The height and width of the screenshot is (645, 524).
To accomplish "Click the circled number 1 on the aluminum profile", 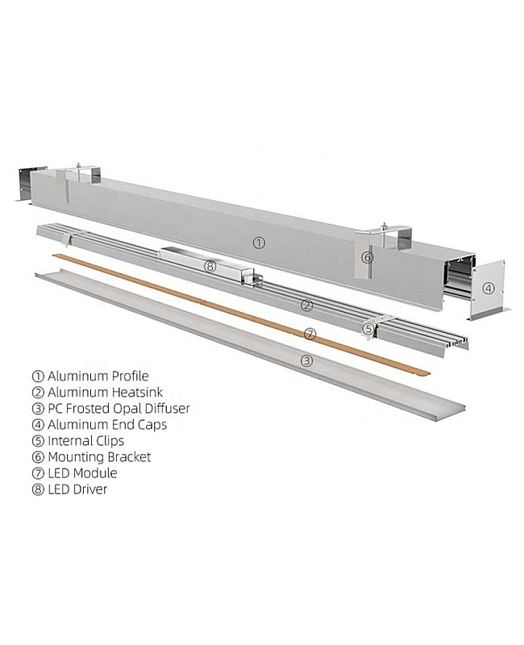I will (x=259, y=241).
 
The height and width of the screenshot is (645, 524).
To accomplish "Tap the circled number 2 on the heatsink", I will (x=306, y=305).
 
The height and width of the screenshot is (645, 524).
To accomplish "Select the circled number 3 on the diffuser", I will (x=306, y=360).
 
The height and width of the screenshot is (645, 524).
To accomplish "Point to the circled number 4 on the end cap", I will (x=488, y=288).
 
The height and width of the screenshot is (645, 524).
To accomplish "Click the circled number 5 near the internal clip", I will (x=368, y=328).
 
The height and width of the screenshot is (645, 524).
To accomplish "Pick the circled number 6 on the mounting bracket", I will (x=368, y=257).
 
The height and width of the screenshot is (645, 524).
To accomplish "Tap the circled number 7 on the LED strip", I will (x=310, y=333).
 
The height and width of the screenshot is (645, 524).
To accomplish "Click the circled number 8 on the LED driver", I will (x=210, y=266).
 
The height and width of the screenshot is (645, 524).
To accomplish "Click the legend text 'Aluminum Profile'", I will (x=98, y=376).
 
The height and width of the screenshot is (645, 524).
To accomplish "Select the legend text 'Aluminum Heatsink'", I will (x=104, y=392).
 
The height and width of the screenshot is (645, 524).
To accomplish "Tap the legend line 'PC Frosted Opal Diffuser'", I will (x=119, y=408).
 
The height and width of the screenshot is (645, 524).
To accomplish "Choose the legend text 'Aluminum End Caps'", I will (x=107, y=424).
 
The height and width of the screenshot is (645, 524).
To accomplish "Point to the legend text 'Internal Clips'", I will (x=86, y=440).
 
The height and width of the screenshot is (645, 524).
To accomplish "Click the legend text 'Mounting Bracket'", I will (x=99, y=456).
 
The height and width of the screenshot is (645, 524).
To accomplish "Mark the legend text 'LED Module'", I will (x=82, y=472).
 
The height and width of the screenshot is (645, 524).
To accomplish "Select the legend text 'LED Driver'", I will (x=77, y=489).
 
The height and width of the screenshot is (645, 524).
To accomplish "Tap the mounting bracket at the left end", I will (x=83, y=175).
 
